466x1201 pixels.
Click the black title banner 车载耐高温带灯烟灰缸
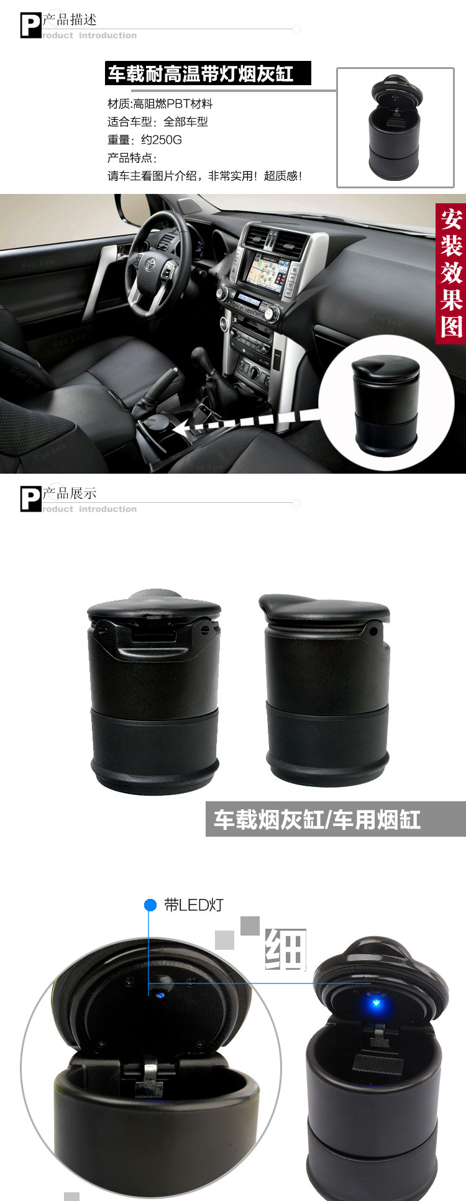(x=208, y=74)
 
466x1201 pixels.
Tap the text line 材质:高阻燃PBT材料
(x=160, y=104)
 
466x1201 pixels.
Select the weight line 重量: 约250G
(x=144, y=140)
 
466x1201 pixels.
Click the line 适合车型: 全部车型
(x=157, y=122)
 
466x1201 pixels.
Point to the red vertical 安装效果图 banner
(x=451, y=274)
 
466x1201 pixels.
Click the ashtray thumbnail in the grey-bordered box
(x=395, y=127)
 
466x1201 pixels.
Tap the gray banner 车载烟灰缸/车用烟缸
(x=336, y=819)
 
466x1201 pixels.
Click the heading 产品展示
(x=70, y=494)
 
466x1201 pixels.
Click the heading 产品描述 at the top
(x=70, y=20)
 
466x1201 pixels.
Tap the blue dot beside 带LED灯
(x=150, y=905)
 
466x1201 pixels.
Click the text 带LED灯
(x=193, y=905)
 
